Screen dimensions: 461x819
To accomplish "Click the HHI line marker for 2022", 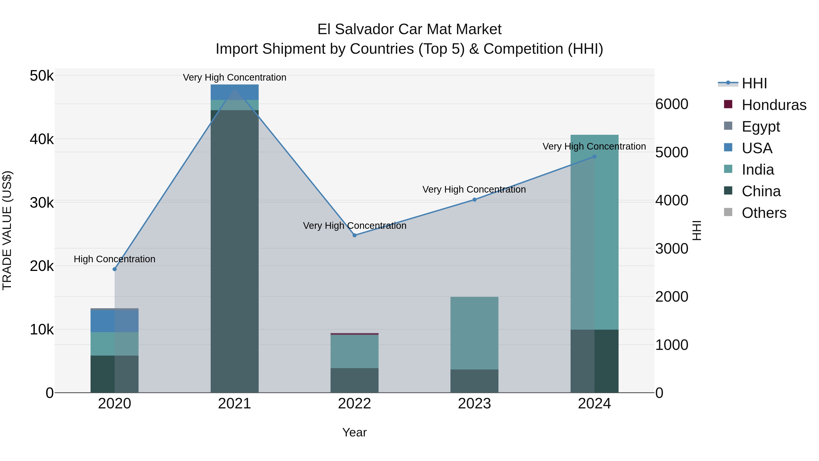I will tap(354, 235).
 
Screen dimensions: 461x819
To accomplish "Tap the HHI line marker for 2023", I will tap(474, 199).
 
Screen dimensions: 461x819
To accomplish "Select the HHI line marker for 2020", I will tap(114, 269).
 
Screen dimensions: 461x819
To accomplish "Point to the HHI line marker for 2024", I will tap(594, 157).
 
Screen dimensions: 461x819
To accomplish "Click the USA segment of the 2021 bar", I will tap(235, 92).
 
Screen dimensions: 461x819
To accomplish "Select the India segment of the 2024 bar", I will tap(594, 232).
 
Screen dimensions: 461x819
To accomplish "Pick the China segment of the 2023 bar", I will tap(474, 381).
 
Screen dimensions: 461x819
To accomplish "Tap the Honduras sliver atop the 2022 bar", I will tap(354, 334).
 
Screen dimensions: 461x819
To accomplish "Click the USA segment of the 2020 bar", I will tap(114, 321).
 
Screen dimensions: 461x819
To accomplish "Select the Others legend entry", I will tap(764, 213).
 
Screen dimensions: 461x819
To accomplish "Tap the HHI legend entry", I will tap(754, 83).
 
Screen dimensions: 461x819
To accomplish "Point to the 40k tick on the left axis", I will tap(42, 139).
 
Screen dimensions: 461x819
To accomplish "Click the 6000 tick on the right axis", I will tap(672, 104).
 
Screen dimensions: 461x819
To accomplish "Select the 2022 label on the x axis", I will tap(354, 404).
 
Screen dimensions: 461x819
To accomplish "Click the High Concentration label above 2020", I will tap(114, 259).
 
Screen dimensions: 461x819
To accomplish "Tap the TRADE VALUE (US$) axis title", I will tap(7, 230).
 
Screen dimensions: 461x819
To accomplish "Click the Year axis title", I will tap(354, 432).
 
